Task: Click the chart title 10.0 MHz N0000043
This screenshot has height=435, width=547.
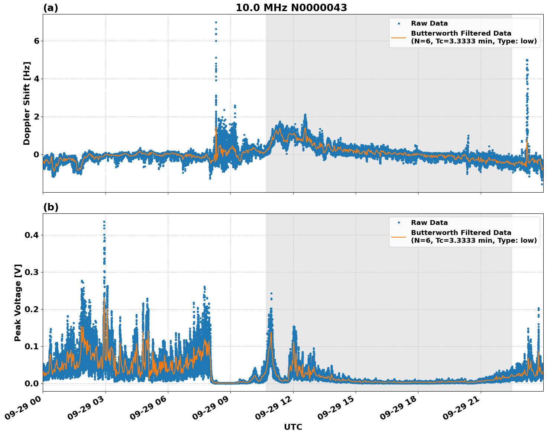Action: (291, 8)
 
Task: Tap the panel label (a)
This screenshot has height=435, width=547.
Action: (51, 8)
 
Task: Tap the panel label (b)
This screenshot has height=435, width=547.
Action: (51, 207)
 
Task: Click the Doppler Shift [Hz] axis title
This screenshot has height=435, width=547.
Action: (27, 103)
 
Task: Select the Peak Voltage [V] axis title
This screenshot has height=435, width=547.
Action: (18, 302)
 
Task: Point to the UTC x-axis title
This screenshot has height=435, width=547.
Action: (293, 427)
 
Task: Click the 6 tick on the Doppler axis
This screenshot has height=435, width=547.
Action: (36, 41)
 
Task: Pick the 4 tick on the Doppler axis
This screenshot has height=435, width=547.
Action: (36, 79)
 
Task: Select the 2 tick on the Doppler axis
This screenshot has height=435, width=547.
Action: (36, 117)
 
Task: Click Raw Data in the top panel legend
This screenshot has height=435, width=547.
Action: (429, 23)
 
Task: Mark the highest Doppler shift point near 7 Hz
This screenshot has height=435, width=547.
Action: (216, 22)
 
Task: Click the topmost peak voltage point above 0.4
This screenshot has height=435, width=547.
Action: (104, 222)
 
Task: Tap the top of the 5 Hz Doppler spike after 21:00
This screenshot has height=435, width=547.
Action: (527, 60)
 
